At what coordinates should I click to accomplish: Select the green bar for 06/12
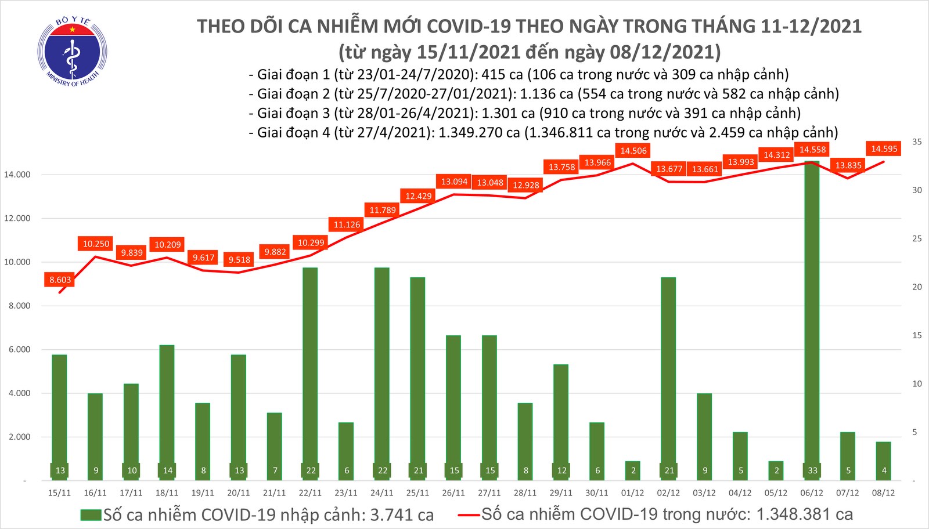tap(812, 319)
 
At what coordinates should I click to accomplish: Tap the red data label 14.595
tap(884, 149)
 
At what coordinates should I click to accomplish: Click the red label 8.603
tap(60, 280)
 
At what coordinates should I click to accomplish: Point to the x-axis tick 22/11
tap(310, 493)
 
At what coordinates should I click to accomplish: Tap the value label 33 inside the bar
tap(812, 470)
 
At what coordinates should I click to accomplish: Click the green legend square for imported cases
tap(91, 515)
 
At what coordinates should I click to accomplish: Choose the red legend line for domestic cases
tap(469, 514)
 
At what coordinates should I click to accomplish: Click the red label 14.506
tap(633, 151)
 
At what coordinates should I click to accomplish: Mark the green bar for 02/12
tap(668, 377)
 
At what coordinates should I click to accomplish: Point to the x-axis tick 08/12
tap(884, 493)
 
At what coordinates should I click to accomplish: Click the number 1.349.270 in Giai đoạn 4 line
tap(478, 133)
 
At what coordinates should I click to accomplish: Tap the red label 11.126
tap(347, 224)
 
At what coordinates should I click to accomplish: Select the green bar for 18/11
tap(167, 412)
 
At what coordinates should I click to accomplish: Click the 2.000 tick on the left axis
tap(19, 437)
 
